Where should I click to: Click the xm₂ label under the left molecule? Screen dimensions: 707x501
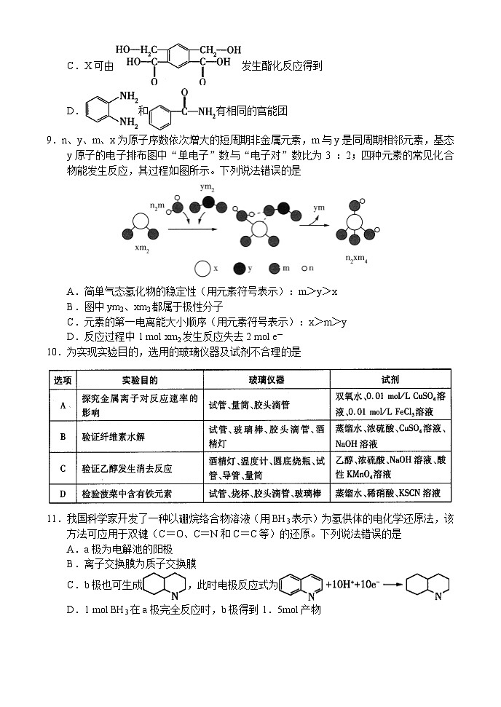[143, 248]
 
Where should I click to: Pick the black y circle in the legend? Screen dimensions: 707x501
[238, 268]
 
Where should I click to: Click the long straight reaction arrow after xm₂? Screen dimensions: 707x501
[192, 229]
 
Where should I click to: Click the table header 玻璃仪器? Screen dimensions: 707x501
[267, 379]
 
